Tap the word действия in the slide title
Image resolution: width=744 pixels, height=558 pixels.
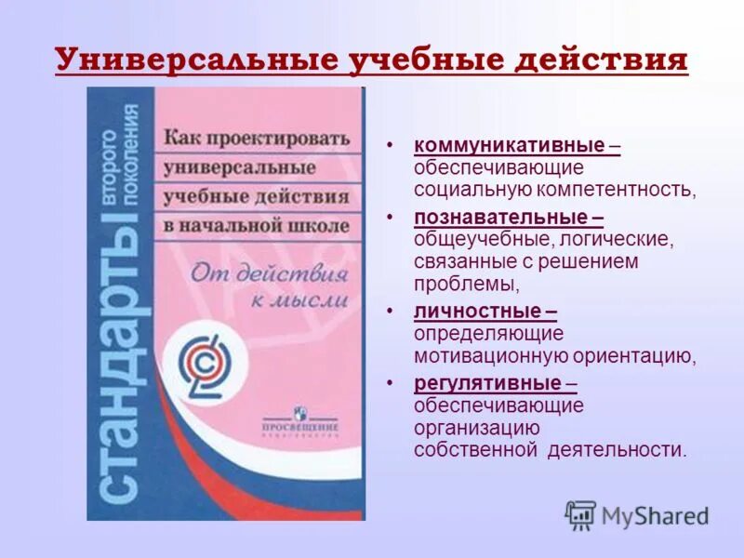[608, 60]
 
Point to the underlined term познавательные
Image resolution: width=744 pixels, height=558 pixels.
[500, 218]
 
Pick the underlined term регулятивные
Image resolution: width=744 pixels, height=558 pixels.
[487, 382]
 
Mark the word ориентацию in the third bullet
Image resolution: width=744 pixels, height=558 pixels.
[633, 355]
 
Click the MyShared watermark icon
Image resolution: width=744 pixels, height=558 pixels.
[581, 514]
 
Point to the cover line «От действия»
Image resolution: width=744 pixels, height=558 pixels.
[269, 273]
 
